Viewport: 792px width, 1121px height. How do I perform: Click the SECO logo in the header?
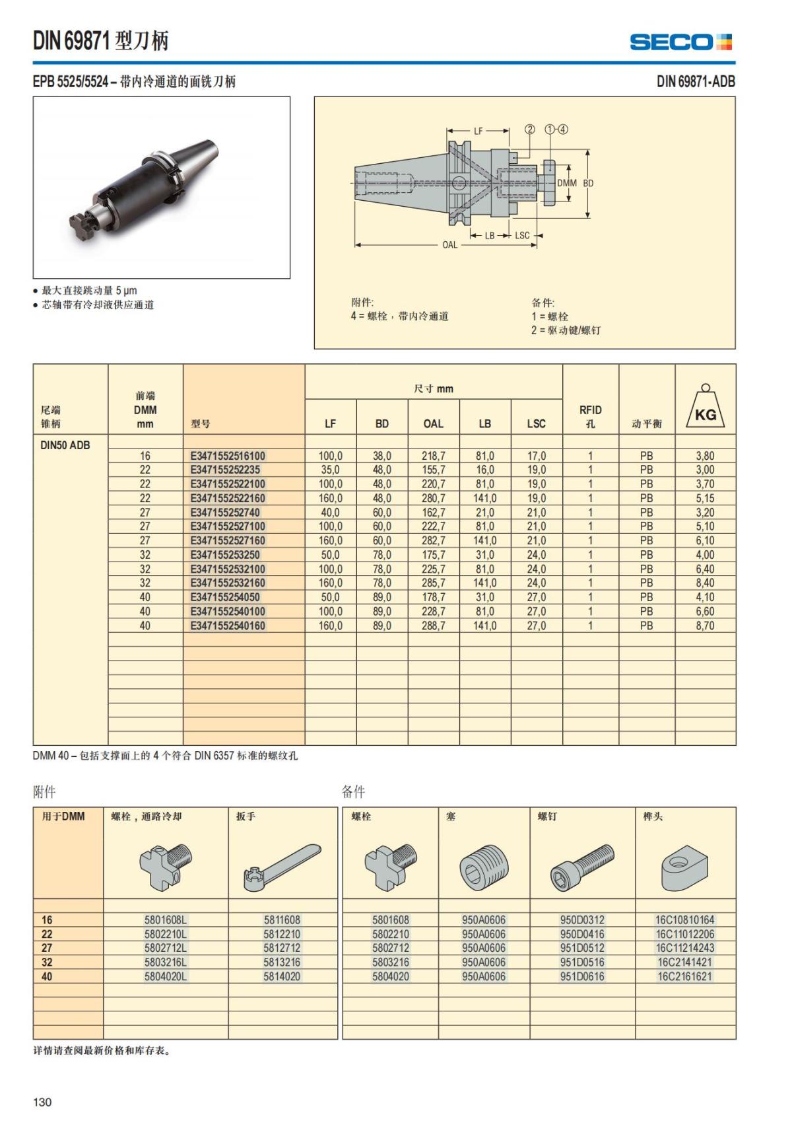(x=680, y=42)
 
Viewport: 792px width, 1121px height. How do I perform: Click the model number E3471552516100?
(x=228, y=456)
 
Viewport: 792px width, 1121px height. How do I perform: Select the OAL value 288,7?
(x=433, y=626)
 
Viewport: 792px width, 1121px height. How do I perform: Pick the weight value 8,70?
(x=705, y=626)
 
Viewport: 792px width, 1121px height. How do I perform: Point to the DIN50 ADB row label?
(x=65, y=445)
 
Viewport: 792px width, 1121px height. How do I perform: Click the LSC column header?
(x=536, y=423)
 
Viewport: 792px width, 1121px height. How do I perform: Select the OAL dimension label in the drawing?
(x=449, y=245)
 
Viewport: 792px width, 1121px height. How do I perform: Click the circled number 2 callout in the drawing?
(x=529, y=129)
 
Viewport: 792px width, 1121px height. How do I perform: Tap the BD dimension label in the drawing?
(x=587, y=183)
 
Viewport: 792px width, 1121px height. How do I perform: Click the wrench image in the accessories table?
(x=282, y=866)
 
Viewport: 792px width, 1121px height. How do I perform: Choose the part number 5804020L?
(x=166, y=976)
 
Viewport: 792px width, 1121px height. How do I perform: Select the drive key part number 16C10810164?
(x=684, y=920)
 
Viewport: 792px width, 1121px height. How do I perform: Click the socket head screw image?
(x=582, y=866)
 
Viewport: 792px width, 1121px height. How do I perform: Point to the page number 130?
(x=42, y=1102)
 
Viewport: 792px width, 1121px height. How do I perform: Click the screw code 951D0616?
(x=581, y=976)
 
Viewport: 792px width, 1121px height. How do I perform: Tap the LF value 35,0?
(x=330, y=470)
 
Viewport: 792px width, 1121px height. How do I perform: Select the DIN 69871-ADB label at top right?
(x=695, y=82)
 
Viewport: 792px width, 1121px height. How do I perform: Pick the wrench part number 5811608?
(x=282, y=920)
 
